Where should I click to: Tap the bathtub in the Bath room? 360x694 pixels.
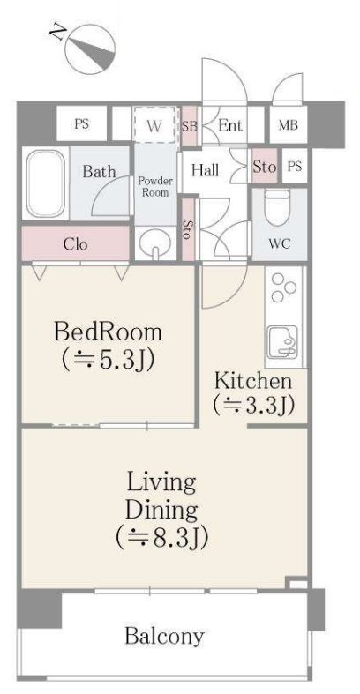[45, 183]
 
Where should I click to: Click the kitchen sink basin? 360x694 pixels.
[284, 340]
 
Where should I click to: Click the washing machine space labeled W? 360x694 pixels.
[155, 125]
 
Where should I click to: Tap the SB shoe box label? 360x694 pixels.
[189, 126]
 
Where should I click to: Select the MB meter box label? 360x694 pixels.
[288, 125]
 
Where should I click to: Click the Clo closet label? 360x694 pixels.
[75, 244]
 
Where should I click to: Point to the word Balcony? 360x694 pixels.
[164, 636]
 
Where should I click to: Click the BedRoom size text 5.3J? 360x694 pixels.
[108, 360]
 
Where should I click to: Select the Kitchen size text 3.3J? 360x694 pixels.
[253, 404]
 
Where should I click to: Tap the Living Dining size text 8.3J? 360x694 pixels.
[161, 536]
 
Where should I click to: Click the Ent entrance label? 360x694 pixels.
[230, 126]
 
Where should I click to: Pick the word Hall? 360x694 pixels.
[206, 169]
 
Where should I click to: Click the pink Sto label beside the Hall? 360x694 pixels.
[265, 167]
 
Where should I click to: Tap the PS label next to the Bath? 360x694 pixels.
[81, 124]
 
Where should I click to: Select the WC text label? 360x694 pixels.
[280, 243]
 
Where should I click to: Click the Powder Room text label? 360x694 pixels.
[155, 187]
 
